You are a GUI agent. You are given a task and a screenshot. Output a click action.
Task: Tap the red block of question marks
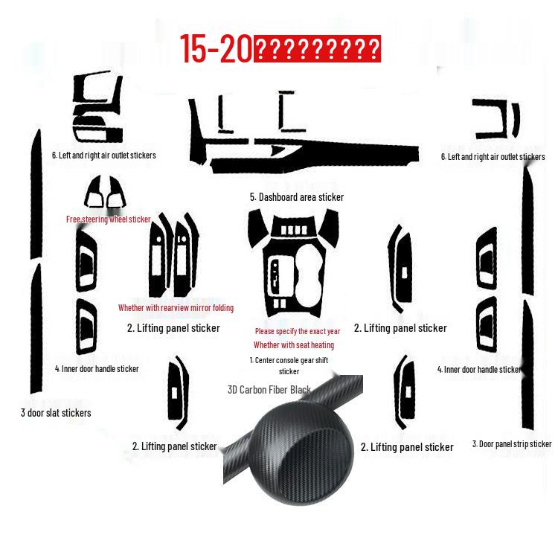tap(318, 50)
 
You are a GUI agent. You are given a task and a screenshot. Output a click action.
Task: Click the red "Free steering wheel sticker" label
tap(109, 219)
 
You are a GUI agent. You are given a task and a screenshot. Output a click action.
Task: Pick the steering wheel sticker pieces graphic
tap(106, 193)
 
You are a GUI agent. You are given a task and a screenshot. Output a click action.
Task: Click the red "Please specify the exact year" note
tap(298, 331)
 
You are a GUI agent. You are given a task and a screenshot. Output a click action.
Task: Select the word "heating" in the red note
tap(320, 345)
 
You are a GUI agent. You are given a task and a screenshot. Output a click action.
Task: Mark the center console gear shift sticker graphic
tap(294, 264)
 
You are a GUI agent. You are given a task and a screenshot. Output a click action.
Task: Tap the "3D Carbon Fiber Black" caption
tap(269, 389)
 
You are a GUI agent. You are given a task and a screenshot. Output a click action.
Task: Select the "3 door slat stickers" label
tap(56, 412)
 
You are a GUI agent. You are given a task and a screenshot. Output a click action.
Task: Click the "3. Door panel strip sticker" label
tap(512, 444)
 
